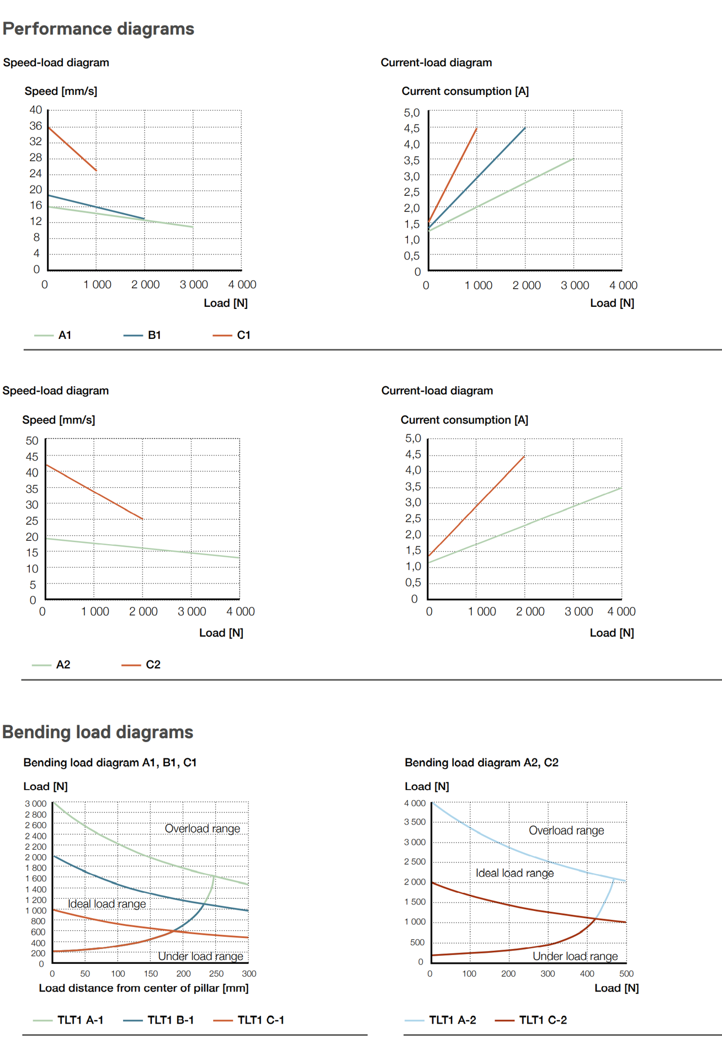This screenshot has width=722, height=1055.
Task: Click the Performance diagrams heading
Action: pyautogui.click(x=98, y=29)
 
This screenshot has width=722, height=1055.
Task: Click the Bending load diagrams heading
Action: pyautogui.click(x=98, y=732)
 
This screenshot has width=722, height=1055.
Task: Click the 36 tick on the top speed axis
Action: pyautogui.click(x=36, y=126)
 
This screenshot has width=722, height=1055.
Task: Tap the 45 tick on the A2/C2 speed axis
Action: pyautogui.click(x=32, y=457)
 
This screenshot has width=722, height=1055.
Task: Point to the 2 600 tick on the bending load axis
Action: pyautogui.click(x=36, y=825)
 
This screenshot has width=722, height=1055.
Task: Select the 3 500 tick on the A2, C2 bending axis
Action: pyautogui.click(x=415, y=822)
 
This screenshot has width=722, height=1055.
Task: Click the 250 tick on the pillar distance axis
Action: pyautogui.click(x=216, y=973)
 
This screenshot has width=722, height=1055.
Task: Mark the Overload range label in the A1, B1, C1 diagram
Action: pyautogui.click(x=202, y=828)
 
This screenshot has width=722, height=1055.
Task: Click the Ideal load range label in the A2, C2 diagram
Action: pyautogui.click(x=514, y=873)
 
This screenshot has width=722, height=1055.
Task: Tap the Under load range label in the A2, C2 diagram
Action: pyautogui.click(x=575, y=956)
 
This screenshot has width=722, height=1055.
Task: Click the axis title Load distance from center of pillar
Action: pyautogui.click(x=144, y=988)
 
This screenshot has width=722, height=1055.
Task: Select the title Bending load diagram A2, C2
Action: pyautogui.click(x=481, y=763)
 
